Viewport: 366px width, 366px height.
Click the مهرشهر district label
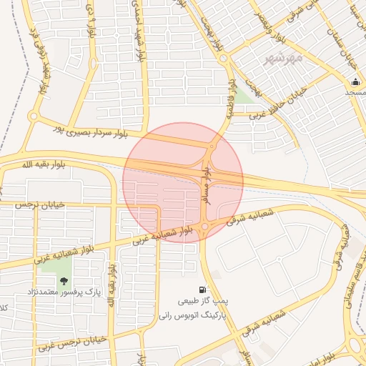[x=283, y=57]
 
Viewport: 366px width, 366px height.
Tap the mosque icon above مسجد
[x=355, y=81]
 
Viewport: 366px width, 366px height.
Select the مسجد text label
[x=355, y=92]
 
